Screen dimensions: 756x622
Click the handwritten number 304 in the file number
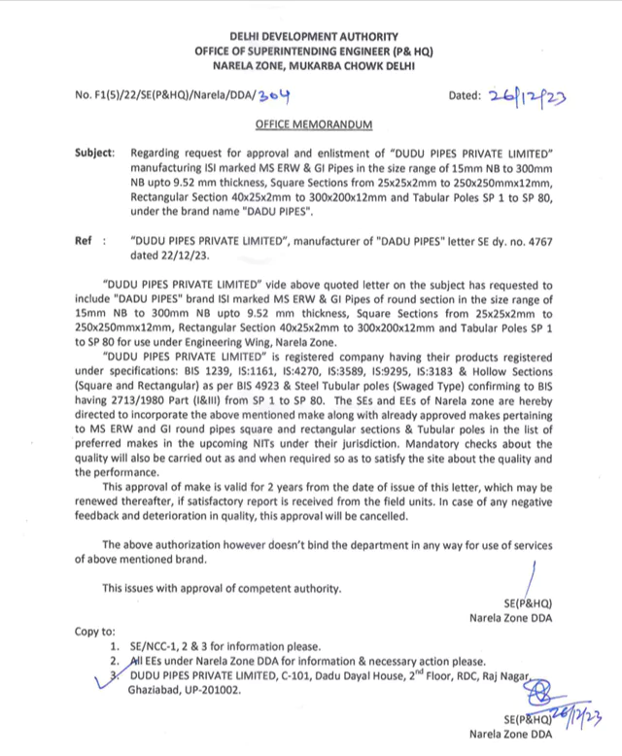[x=275, y=95]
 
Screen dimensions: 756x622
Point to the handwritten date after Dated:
[x=528, y=95]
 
